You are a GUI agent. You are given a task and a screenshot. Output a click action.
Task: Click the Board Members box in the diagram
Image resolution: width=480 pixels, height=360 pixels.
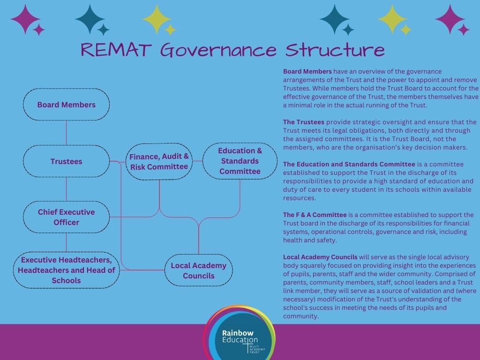click(x=66, y=105)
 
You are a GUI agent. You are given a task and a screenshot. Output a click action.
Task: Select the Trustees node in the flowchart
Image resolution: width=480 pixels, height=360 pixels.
click(x=66, y=161)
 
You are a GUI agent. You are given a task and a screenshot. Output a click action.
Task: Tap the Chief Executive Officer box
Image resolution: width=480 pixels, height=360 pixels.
click(x=66, y=217)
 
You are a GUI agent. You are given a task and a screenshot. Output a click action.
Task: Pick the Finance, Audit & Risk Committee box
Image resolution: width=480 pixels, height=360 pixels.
click(x=159, y=161)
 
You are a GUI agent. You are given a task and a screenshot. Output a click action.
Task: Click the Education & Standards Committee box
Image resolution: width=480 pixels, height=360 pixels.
click(x=240, y=161)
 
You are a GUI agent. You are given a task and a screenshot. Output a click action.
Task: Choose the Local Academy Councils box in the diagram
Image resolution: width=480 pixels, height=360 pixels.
click(x=198, y=270)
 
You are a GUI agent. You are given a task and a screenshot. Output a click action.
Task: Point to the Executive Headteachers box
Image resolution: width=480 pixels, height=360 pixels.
click(x=66, y=270)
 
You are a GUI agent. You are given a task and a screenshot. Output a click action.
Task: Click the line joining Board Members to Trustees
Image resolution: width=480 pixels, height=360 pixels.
click(x=66, y=133)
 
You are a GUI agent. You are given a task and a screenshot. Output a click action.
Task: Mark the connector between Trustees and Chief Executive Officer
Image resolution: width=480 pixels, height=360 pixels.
click(x=66, y=189)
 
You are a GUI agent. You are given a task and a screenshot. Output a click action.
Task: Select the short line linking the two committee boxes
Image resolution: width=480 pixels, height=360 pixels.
click(x=197, y=161)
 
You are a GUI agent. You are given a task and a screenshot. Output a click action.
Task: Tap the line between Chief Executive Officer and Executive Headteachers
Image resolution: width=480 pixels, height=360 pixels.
click(x=66, y=242)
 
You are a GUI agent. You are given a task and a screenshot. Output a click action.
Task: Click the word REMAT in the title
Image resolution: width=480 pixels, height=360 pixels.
click(x=116, y=50)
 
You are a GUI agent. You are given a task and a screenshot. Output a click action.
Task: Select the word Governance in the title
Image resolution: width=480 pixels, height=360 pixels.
click(x=218, y=50)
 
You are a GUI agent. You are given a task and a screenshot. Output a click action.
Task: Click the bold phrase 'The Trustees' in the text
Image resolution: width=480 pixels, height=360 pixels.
click(x=303, y=122)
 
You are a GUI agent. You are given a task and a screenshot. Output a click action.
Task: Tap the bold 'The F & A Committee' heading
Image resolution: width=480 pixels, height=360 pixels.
click(x=315, y=215)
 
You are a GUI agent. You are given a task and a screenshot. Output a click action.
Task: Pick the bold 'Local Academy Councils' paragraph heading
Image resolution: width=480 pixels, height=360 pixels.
click(x=320, y=257)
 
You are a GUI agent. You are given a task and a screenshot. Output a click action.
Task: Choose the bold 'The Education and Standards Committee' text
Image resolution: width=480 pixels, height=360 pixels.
click(x=349, y=165)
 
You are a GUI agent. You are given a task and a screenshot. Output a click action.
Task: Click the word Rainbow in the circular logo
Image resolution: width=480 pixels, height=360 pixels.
click(x=238, y=333)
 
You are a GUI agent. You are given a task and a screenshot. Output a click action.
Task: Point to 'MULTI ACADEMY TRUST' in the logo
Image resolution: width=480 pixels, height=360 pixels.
click(x=257, y=349)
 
